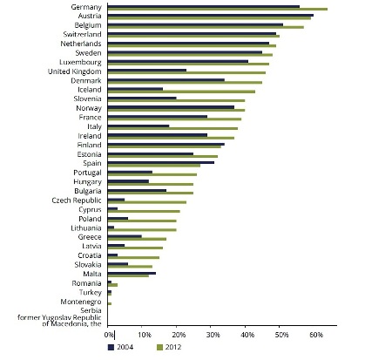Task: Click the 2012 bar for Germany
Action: [218, 9]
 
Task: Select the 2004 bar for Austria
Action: [211, 16]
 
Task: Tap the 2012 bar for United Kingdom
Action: [186, 72]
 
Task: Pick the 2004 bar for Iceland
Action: [135, 89]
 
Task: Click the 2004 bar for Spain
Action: [161, 162]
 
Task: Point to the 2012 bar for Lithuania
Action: [142, 230]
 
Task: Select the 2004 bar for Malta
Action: [132, 273]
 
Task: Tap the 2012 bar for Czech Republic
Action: [147, 202]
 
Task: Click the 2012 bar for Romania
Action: [112, 285]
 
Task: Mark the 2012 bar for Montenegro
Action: [110, 303]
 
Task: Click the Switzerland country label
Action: [83, 34]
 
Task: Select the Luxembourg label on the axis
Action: [80, 62]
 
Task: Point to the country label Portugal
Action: [87, 173]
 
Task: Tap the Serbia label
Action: [91, 310]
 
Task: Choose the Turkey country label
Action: [91, 292]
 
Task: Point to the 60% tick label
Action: [316, 335]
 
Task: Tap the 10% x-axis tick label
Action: [145, 335]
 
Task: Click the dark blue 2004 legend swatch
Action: [111, 347]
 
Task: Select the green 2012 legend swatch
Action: [159, 347]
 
